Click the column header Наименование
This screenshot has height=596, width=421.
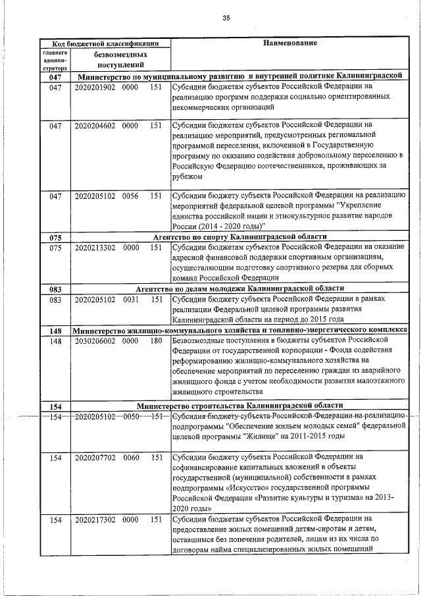(290, 43)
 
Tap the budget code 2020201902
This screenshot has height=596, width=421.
(95, 87)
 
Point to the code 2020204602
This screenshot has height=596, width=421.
(95, 124)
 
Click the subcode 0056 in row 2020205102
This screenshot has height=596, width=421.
(130, 196)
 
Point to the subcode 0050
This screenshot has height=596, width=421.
(130, 417)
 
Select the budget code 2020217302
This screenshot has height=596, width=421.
(95, 520)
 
